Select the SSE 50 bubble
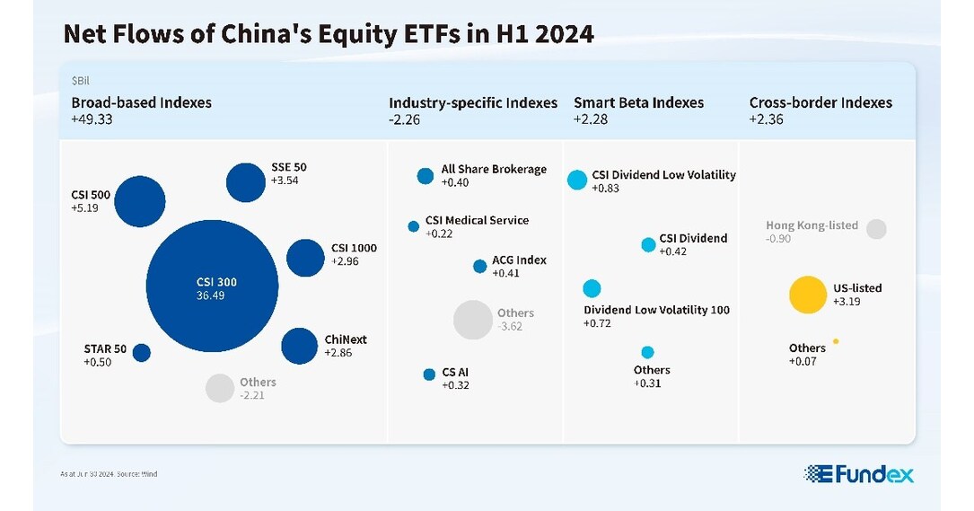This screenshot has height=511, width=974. (x=246, y=182)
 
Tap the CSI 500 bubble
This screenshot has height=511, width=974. (x=140, y=201)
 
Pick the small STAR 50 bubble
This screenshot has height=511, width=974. (x=141, y=353)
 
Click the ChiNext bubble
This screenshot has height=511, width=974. (x=300, y=346)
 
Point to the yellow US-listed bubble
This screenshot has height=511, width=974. (x=806, y=295)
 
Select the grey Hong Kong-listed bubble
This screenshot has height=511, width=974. (x=876, y=229)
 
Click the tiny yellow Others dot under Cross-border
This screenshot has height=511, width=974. (x=836, y=341)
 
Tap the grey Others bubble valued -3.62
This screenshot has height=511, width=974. (x=472, y=320)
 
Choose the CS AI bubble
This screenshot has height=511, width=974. (x=429, y=374)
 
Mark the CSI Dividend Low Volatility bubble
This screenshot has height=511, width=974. (x=577, y=180)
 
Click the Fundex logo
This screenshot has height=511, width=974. (x=858, y=474)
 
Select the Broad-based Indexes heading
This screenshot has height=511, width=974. (x=141, y=102)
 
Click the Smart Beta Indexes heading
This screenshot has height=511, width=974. (x=638, y=102)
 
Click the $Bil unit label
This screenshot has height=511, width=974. (x=81, y=80)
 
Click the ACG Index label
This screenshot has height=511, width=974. (x=519, y=260)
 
